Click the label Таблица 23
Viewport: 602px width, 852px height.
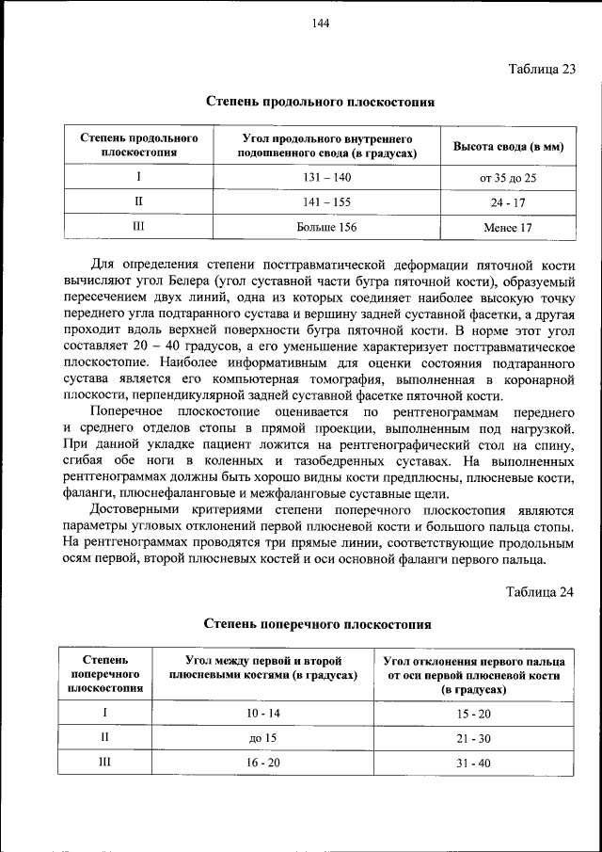pyautogui.click(x=541, y=69)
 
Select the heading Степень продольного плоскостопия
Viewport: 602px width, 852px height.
pyautogui.click(x=320, y=101)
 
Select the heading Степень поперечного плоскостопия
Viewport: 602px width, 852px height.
pyautogui.click(x=319, y=623)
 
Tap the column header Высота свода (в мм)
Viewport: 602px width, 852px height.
pyautogui.click(x=508, y=146)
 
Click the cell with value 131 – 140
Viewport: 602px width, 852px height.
pyautogui.click(x=326, y=177)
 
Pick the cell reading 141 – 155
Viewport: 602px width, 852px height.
pyautogui.click(x=326, y=201)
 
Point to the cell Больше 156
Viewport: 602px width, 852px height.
pyautogui.click(x=326, y=227)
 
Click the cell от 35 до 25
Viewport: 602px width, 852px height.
pyautogui.click(x=508, y=177)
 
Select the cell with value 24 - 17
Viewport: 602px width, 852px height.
pyautogui.click(x=508, y=202)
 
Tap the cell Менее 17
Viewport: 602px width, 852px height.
pyautogui.click(x=508, y=227)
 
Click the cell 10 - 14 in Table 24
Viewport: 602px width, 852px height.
pyautogui.click(x=263, y=714)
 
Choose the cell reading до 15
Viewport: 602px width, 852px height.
pyautogui.click(x=263, y=738)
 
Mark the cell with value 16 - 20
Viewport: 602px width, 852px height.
pyautogui.click(x=263, y=763)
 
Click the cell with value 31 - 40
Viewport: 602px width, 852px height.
pyautogui.click(x=474, y=763)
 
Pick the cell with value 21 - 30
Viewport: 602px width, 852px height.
pyautogui.click(x=474, y=738)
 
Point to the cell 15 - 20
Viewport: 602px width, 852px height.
pyautogui.click(x=474, y=714)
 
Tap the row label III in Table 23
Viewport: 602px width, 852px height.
pyautogui.click(x=138, y=227)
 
